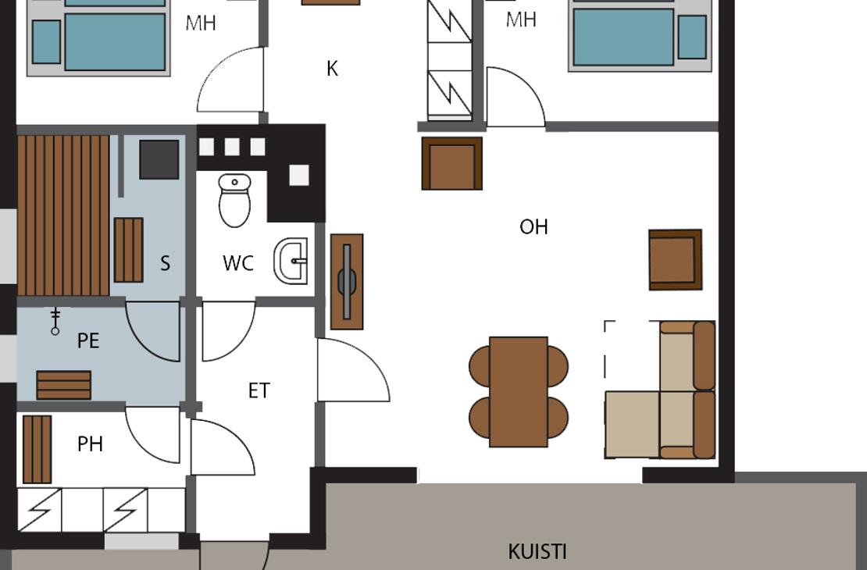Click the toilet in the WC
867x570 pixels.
tap(234, 200)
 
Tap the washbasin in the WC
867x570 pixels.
tap(291, 261)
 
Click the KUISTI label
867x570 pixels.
tap(537, 552)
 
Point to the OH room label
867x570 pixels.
tap(533, 226)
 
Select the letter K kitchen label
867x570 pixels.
tap(332, 69)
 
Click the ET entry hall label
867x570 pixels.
tap(259, 391)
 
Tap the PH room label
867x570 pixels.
tap(90, 444)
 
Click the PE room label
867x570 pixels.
tap(88, 340)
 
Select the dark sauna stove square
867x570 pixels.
tap(159, 159)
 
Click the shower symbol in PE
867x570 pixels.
tap(55, 322)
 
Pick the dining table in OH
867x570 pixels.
tap(519, 391)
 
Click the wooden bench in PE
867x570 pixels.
tap(63, 386)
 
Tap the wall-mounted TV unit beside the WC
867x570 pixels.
tap(347, 281)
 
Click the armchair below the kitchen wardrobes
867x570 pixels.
tap(451, 164)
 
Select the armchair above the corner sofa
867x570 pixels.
tap(675, 260)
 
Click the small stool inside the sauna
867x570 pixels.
tap(129, 250)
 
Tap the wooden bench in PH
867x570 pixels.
tap(37, 450)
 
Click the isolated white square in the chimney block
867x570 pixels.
tap(299, 175)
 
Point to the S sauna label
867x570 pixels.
tap(165, 263)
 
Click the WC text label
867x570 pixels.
tap(238, 263)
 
